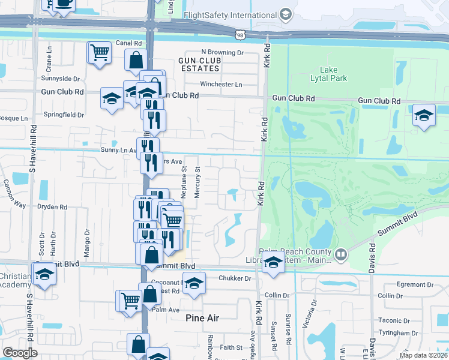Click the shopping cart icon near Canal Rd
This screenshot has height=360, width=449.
click(x=99, y=52)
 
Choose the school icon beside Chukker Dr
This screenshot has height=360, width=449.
click(x=194, y=284)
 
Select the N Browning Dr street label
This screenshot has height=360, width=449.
click(x=222, y=53)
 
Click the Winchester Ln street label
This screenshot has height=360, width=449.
click(x=221, y=85)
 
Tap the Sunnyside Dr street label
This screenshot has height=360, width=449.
click(x=61, y=79)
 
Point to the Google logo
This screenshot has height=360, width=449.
click(x=20, y=353)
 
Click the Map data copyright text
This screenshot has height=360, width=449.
click(x=423, y=355)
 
